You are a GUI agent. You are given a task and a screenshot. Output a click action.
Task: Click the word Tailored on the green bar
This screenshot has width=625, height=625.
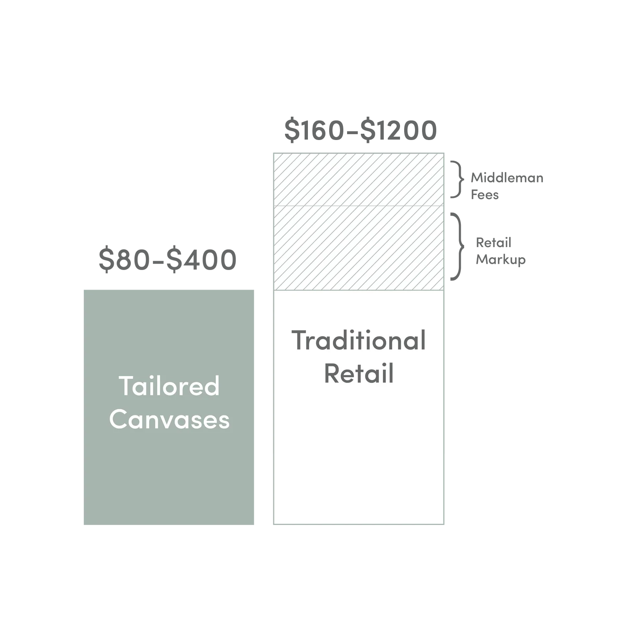(169, 386)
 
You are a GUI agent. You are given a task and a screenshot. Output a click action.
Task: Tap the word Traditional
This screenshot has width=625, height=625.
(358, 341)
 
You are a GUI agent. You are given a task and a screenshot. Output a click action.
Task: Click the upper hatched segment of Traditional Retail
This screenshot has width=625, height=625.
(358, 180)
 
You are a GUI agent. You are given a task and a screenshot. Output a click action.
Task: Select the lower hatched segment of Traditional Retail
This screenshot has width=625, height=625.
(358, 247)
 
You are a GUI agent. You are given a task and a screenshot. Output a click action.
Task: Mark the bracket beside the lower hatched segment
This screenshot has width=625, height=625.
(461, 246)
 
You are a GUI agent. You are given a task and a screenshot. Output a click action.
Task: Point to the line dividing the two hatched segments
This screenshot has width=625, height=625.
(358, 206)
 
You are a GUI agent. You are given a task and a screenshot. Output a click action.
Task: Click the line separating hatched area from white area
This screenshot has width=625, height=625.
(358, 289)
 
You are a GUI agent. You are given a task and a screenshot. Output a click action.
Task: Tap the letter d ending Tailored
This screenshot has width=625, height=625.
(212, 386)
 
